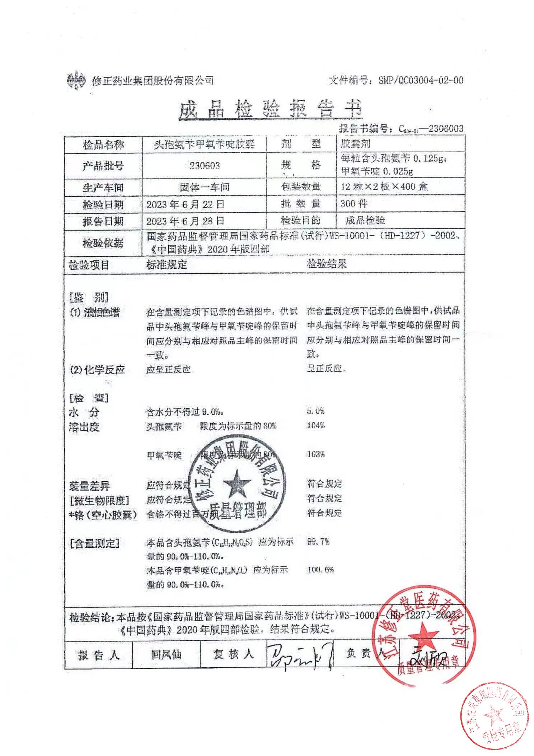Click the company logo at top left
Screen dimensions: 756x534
pos(76,79)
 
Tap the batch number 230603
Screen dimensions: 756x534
pos(205,166)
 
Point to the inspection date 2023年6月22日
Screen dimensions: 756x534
pos(185,204)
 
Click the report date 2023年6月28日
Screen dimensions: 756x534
pos(185,221)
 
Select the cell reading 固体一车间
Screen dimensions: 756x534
pos(205,187)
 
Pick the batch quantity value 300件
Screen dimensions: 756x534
pos(354,204)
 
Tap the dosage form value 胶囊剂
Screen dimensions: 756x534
pos(355,144)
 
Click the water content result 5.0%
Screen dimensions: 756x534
pos(316,411)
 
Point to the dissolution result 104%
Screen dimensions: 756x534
pos(316,425)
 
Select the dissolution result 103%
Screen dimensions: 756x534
pos(316,454)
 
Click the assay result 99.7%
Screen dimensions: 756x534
pos(318,541)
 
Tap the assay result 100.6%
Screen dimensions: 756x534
pos(320,570)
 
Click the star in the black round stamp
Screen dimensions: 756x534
pos(237,483)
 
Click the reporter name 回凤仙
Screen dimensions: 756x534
pos(166,655)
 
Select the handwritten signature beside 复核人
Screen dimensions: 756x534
pos(300,656)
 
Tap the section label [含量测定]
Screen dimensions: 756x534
pos(94,543)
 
